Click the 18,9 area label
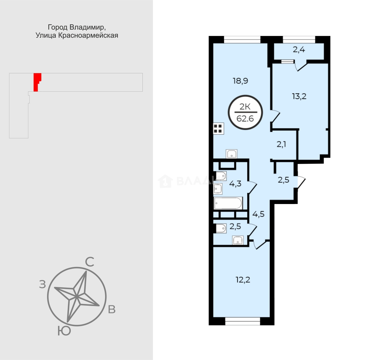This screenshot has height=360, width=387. click(x=241, y=81)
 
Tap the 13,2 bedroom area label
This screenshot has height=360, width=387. click(x=299, y=96)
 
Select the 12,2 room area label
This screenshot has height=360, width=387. click(x=243, y=280)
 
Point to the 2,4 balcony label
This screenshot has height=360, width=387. click(x=299, y=50)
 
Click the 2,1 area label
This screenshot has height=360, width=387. click(x=281, y=144)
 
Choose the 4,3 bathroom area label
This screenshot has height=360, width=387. click(x=235, y=184)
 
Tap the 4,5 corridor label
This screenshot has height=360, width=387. click(x=259, y=214)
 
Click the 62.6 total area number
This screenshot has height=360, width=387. click(x=245, y=119)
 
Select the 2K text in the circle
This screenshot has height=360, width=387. click(x=245, y=107)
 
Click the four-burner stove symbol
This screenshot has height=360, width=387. click(x=219, y=128)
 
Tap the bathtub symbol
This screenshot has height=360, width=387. click(x=228, y=203)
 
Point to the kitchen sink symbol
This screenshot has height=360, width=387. click(x=232, y=154)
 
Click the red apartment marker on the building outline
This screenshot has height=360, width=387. click(x=37, y=82)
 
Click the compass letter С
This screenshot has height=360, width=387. click(x=90, y=262)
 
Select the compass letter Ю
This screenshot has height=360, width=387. click(x=64, y=331)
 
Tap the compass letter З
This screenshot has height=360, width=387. click(x=42, y=285)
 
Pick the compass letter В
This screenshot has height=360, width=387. click(x=112, y=309)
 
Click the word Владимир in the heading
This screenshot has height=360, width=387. click(x=88, y=27)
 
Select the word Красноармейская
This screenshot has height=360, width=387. click(x=88, y=36)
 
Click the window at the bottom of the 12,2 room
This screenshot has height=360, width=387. click(x=243, y=321)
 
